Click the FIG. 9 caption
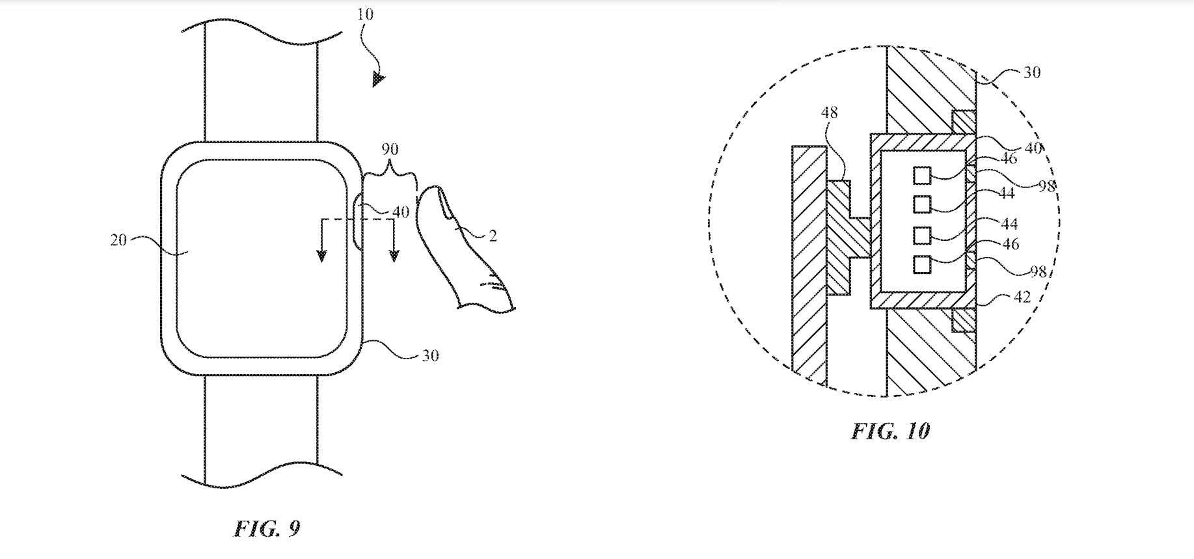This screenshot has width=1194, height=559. (x=267, y=528)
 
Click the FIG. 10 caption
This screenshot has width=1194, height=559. (x=890, y=431)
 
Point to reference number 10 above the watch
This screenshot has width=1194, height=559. (x=366, y=14)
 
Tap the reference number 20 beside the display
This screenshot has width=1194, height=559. (x=118, y=240)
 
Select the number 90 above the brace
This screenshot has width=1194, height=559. (x=390, y=150)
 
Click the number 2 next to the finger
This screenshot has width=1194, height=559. (x=493, y=236)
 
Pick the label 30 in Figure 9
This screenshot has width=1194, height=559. (x=430, y=356)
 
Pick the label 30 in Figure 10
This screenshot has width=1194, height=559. (x=1032, y=72)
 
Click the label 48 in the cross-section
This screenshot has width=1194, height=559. (x=829, y=113)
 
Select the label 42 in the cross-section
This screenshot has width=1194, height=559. (x=1022, y=297)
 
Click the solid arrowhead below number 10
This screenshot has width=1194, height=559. (x=378, y=80)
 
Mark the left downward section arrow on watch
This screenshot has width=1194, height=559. (x=321, y=255)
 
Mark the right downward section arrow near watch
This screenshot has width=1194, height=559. (x=394, y=255)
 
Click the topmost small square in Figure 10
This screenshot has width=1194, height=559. (x=921, y=175)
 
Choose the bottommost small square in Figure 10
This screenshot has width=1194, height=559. (x=921, y=264)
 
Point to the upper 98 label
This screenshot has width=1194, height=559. (x=1047, y=186)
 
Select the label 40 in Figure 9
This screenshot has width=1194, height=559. (x=401, y=212)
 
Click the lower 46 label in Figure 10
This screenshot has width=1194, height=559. (x=1011, y=244)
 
